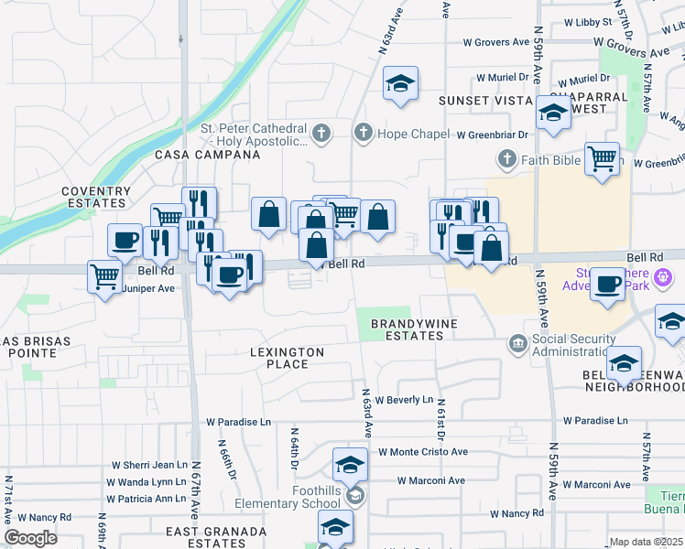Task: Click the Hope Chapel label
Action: click(x=414, y=135)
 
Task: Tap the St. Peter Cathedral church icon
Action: click(x=321, y=135)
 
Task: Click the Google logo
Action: click(x=30, y=538)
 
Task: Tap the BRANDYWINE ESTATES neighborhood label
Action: click(x=407, y=329)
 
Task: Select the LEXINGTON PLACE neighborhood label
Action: click(x=287, y=358)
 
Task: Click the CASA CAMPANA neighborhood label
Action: click(x=207, y=156)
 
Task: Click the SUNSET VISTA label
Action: click(x=485, y=100)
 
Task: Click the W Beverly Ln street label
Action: click(x=403, y=400)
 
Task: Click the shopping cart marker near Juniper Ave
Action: click(x=105, y=275)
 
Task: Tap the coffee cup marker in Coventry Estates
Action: click(x=125, y=241)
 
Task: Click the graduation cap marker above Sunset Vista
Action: click(x=400, y=83)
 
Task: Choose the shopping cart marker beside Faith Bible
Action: click(x=602, y=158)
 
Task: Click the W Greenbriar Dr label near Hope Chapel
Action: click(x=493, y=135)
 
